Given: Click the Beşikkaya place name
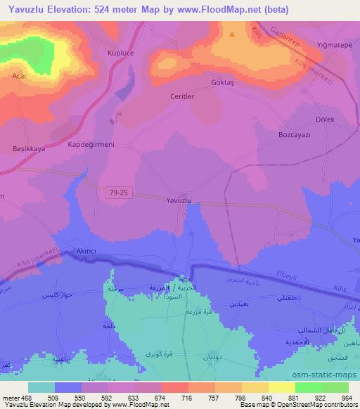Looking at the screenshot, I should pos(29,149).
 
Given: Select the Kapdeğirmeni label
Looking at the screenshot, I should pos(91,143).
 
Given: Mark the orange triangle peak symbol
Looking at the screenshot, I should pos(232,33).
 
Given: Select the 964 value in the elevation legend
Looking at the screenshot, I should pos(345,397).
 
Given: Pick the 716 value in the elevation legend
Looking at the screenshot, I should pos(186,397).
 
